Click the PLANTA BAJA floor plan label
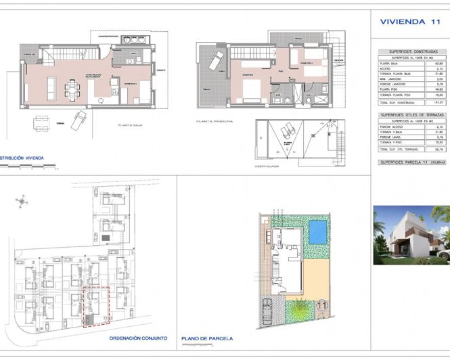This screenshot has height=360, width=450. coord(133,125)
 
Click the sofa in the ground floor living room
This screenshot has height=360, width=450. coord(50,86)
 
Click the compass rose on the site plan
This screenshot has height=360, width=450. coord(22,200)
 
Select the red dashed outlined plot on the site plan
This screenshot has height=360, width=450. coord(95,306)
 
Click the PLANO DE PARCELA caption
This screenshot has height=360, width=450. coord(208,338)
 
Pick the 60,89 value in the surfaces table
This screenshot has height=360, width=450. coord(439,63)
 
